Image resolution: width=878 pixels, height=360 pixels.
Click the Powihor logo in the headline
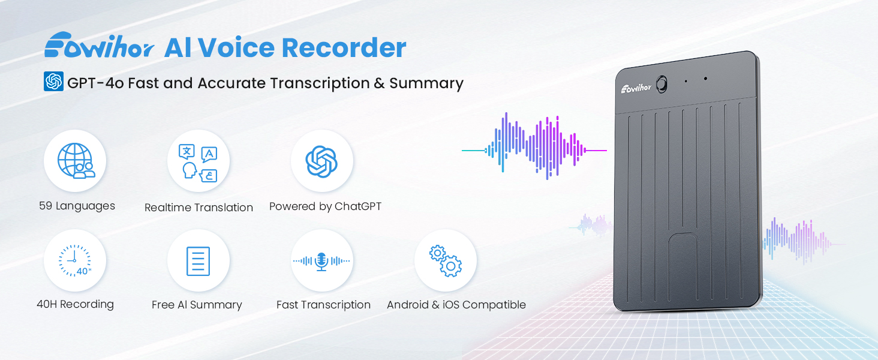point(99,45)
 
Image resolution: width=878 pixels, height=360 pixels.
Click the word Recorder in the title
point(344,48)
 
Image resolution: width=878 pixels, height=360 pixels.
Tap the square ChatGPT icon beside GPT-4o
point(54,82)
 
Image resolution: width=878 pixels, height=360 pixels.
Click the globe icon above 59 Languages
point(76,161)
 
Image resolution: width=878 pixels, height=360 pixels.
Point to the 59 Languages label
point(77,206)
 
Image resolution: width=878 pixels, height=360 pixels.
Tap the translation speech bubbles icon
point(199,163)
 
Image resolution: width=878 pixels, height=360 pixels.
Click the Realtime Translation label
point(199,208)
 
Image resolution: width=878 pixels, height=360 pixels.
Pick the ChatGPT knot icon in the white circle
point(322,161)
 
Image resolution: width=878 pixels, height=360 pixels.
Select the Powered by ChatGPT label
point(325,206)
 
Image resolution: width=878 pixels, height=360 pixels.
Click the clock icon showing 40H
point(75,261)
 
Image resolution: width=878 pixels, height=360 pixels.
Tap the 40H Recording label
point(75,305)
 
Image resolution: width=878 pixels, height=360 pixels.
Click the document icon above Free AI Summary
point(198,261)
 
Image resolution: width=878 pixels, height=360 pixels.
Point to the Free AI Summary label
point(197,305)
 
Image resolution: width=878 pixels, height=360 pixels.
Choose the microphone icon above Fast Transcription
point(321,261)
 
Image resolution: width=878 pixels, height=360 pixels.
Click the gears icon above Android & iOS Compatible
point(446,261)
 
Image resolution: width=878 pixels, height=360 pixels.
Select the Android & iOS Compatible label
point(456,305)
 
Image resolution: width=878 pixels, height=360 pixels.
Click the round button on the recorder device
point(661,85)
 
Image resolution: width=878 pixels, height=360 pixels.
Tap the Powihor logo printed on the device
point(636,88)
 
